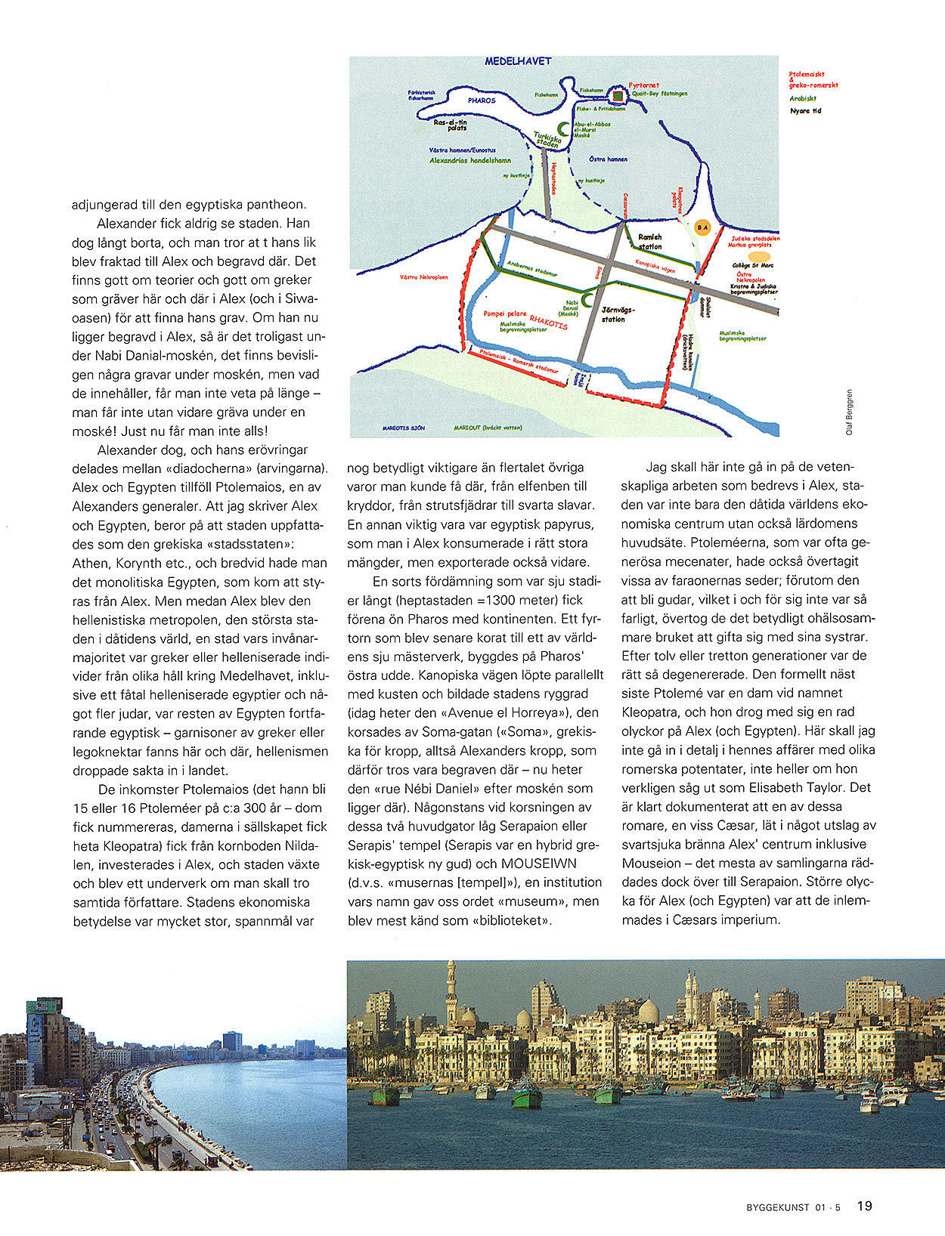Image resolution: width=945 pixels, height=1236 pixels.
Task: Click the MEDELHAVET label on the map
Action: click(518, 60)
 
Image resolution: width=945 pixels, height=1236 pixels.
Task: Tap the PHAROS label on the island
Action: click(481, 100)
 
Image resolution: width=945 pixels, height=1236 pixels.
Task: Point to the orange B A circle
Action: click(702, 227)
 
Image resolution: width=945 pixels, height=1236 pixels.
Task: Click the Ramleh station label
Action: click(649, 242)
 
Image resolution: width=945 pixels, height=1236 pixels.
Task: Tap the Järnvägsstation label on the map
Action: click(618, 314)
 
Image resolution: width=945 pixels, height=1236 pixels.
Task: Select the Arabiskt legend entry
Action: click(802, 98)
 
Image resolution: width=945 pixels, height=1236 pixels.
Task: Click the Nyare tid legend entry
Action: click(805, 111)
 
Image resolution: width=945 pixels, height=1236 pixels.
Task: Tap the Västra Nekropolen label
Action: click(423, 277)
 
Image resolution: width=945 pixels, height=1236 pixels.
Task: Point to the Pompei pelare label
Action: click(505, 312)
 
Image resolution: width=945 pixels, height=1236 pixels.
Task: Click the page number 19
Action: click(864, 1206)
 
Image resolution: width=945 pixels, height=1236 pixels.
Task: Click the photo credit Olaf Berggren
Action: click(849, 412)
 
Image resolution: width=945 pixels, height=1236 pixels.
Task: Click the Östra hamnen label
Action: click(608, 159)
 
